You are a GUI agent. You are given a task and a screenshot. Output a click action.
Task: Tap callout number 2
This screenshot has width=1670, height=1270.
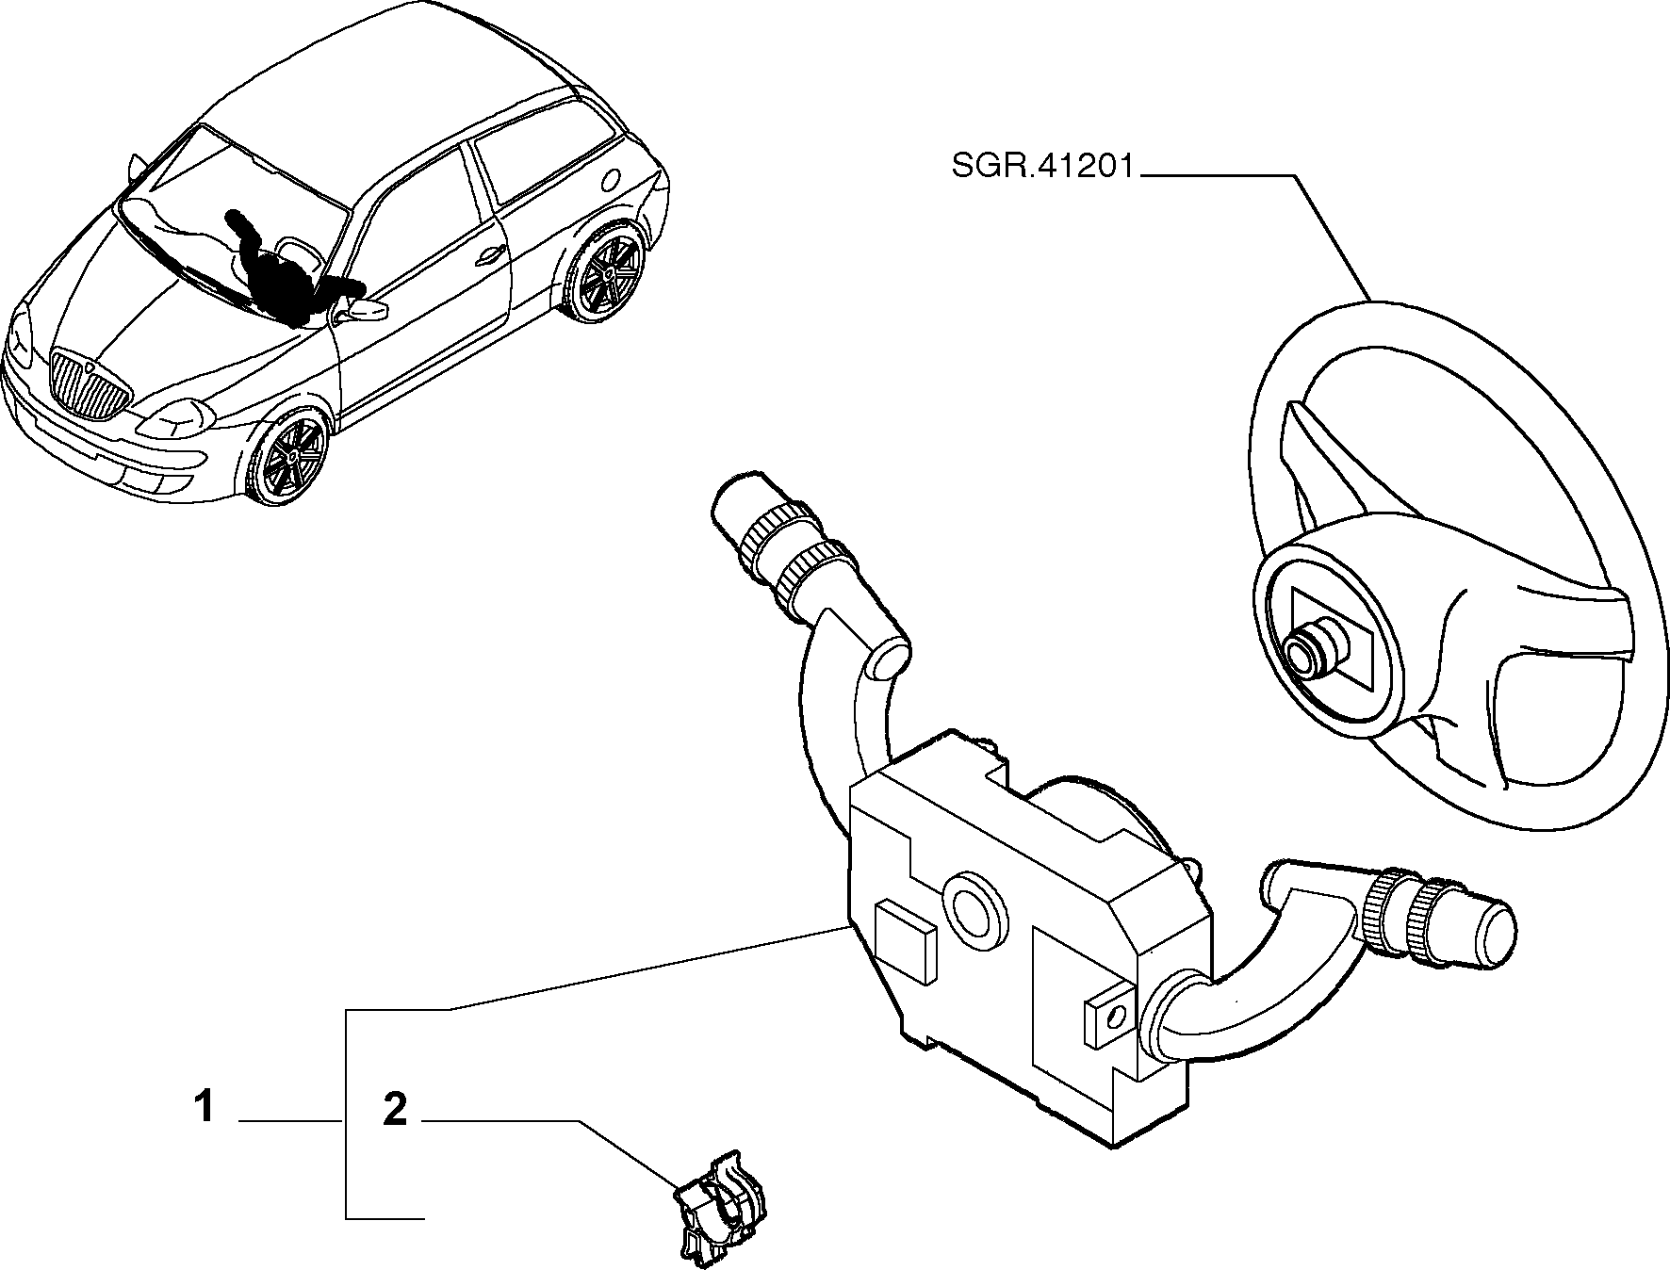coord(395,1110)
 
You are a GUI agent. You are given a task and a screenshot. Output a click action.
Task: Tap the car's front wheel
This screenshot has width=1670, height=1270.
coord(288,458)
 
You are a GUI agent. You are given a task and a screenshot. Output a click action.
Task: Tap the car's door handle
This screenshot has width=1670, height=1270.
coord(489,255)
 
